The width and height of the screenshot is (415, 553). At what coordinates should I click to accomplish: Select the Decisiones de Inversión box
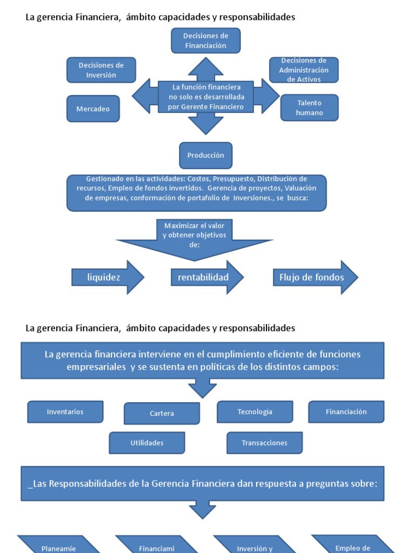101,70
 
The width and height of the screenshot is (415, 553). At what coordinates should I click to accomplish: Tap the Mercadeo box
93,109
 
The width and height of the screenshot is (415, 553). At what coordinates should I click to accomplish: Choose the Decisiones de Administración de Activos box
304,70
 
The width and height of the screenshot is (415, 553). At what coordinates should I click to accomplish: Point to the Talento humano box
309,108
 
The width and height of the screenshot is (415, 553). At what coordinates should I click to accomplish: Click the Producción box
205,156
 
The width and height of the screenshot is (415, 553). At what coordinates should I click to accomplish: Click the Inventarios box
65,412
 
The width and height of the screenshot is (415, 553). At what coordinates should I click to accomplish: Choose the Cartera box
162,414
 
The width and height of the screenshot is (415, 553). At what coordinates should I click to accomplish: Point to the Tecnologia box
255,412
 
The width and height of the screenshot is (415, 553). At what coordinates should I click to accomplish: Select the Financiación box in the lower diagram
346,412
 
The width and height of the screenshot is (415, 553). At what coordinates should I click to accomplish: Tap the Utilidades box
146,443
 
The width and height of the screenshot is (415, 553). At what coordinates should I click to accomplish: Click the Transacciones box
264,443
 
